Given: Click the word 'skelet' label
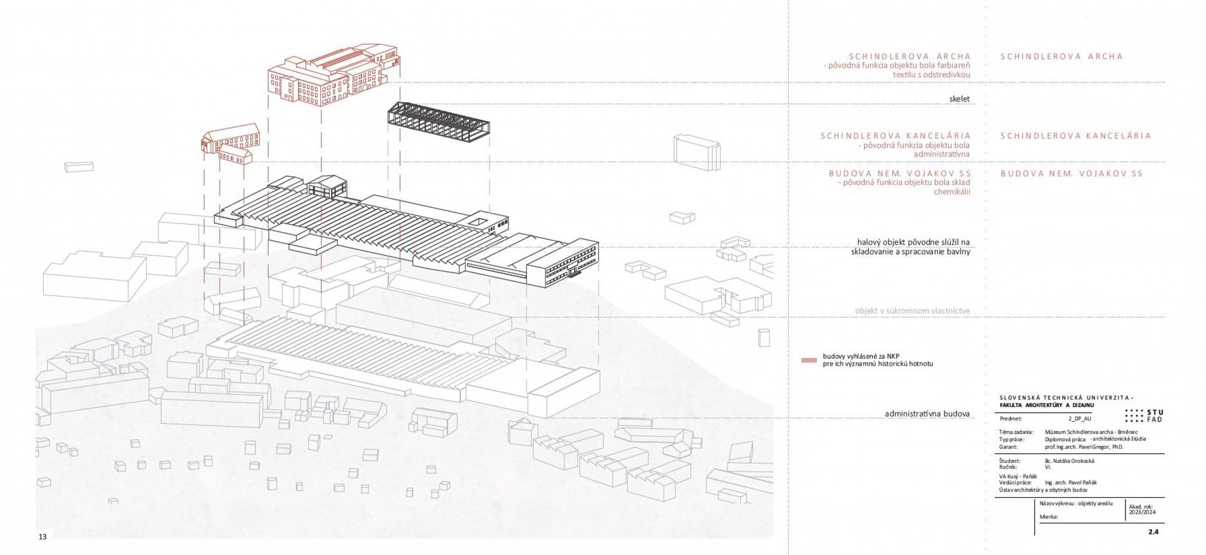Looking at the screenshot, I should (x=959, y=99).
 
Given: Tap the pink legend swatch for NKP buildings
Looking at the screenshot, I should (x=809, y=360).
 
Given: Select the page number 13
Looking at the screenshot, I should (x=43, y=537).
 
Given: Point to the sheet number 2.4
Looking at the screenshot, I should (x=1153, y=532).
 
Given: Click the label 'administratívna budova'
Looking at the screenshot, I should (x=926, y=414).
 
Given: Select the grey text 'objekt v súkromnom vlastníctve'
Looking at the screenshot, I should (x=912, y=311).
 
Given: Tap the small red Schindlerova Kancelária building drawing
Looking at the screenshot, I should (x=231, y=144).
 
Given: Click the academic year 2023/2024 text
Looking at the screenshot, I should (x=1138, y=513).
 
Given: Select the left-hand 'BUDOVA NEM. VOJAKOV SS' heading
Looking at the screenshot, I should (x=899, y=174).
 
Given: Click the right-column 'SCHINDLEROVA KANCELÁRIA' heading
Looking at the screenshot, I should (x=1075, y=136).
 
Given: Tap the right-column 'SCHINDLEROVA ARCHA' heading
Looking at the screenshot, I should (x=1061, y=57).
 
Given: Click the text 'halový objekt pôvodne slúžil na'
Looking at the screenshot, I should (x=913, y=242).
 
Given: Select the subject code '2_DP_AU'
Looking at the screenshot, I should (x=1080, y=419).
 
